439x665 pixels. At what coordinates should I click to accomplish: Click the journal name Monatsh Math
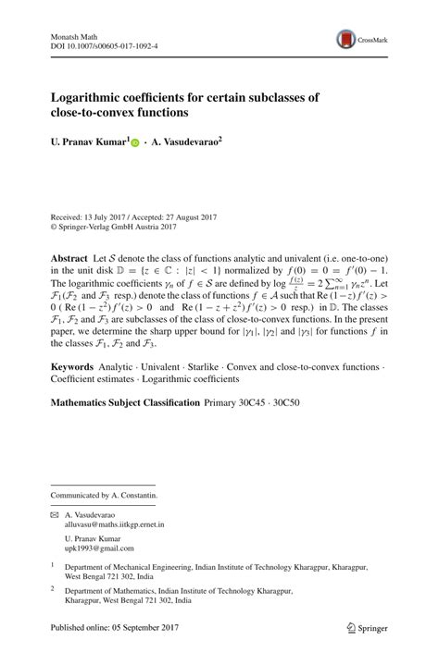[x=71, y=34]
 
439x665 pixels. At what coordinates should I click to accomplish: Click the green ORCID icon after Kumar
[x=136, y=144]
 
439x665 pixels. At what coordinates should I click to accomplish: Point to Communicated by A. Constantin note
[x=104, y=495]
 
